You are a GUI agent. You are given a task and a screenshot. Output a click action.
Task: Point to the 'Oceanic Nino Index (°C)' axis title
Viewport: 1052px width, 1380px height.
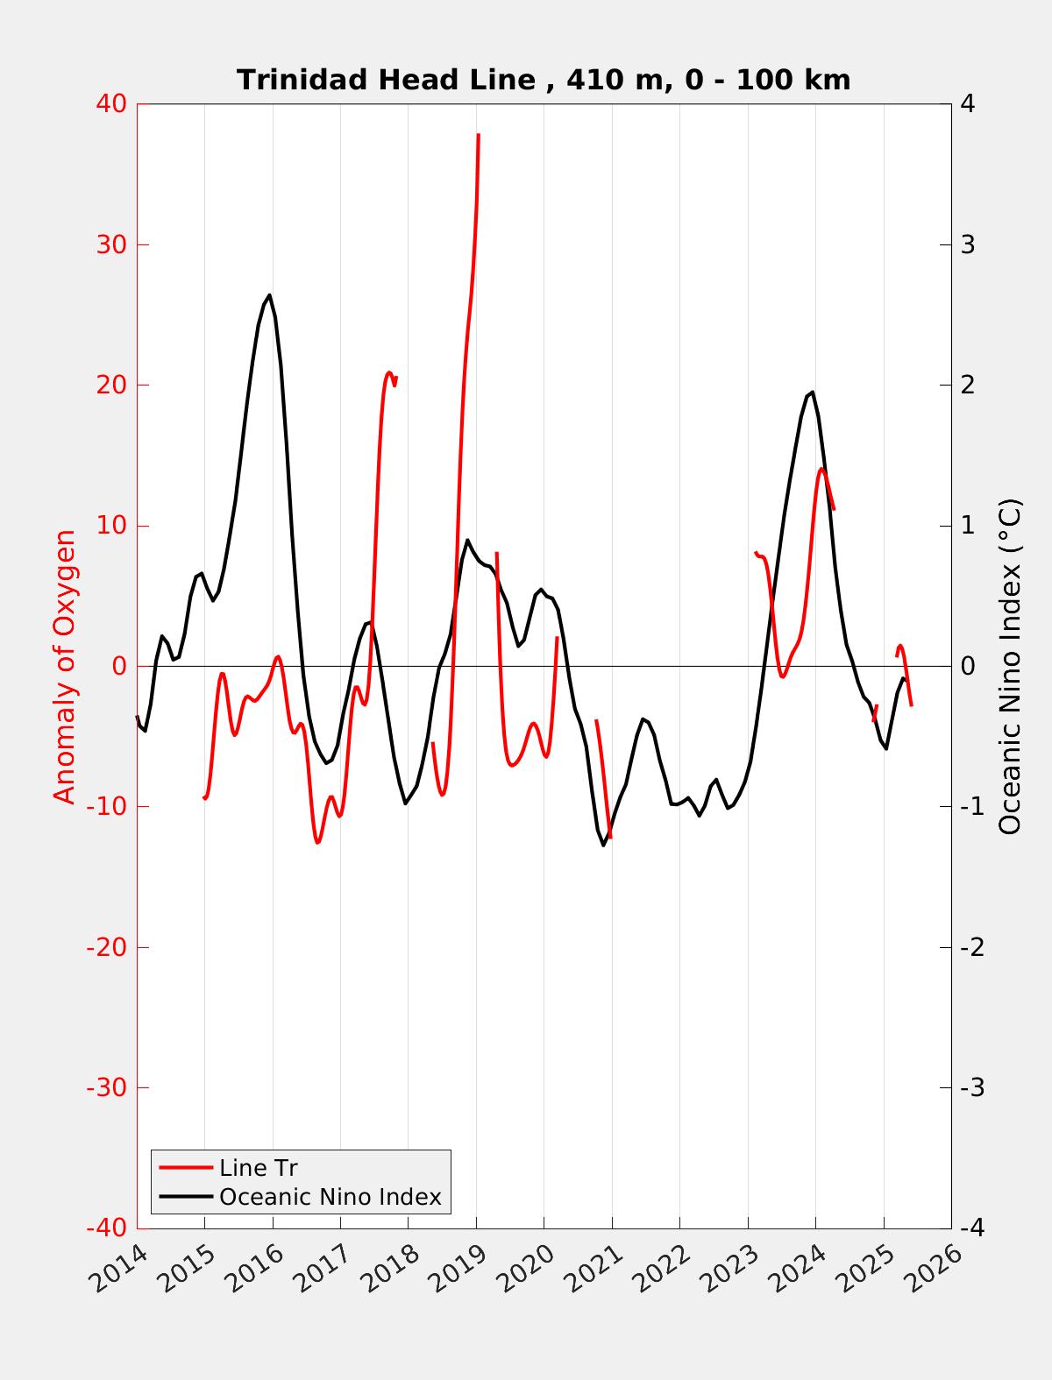click(x=1010, y=666)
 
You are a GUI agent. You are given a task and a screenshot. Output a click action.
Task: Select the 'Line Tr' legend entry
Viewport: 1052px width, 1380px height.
click(x=259, y=1168)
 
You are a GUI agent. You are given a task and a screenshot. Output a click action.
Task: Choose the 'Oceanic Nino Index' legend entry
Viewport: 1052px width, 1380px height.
click(x=330, y=1196)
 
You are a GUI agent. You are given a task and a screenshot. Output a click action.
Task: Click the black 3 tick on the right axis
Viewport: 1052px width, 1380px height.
click(x=969, y=244)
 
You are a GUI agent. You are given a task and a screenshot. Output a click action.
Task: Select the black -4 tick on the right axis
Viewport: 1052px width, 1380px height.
click(x=971, y=1228)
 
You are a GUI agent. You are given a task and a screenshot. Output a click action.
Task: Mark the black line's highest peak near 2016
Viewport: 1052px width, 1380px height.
click(x=269, y=295)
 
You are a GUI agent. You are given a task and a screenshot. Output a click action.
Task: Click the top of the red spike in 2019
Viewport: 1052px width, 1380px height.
click(x=478, y=135)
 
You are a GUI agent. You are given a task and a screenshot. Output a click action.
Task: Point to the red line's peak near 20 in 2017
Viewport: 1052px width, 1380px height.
click(x=388, y=372)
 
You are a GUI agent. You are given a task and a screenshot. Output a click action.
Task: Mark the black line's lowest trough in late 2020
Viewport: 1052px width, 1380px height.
click(x=604, y=845)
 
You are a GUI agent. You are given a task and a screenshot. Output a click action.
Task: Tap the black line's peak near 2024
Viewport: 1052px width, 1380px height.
click(x=813, y=392)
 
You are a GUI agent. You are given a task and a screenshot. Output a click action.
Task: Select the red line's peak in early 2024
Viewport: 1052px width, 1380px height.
click(x=822, y=469)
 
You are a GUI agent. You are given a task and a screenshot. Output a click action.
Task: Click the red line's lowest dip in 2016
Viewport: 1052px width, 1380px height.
click(x=318, y=842)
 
